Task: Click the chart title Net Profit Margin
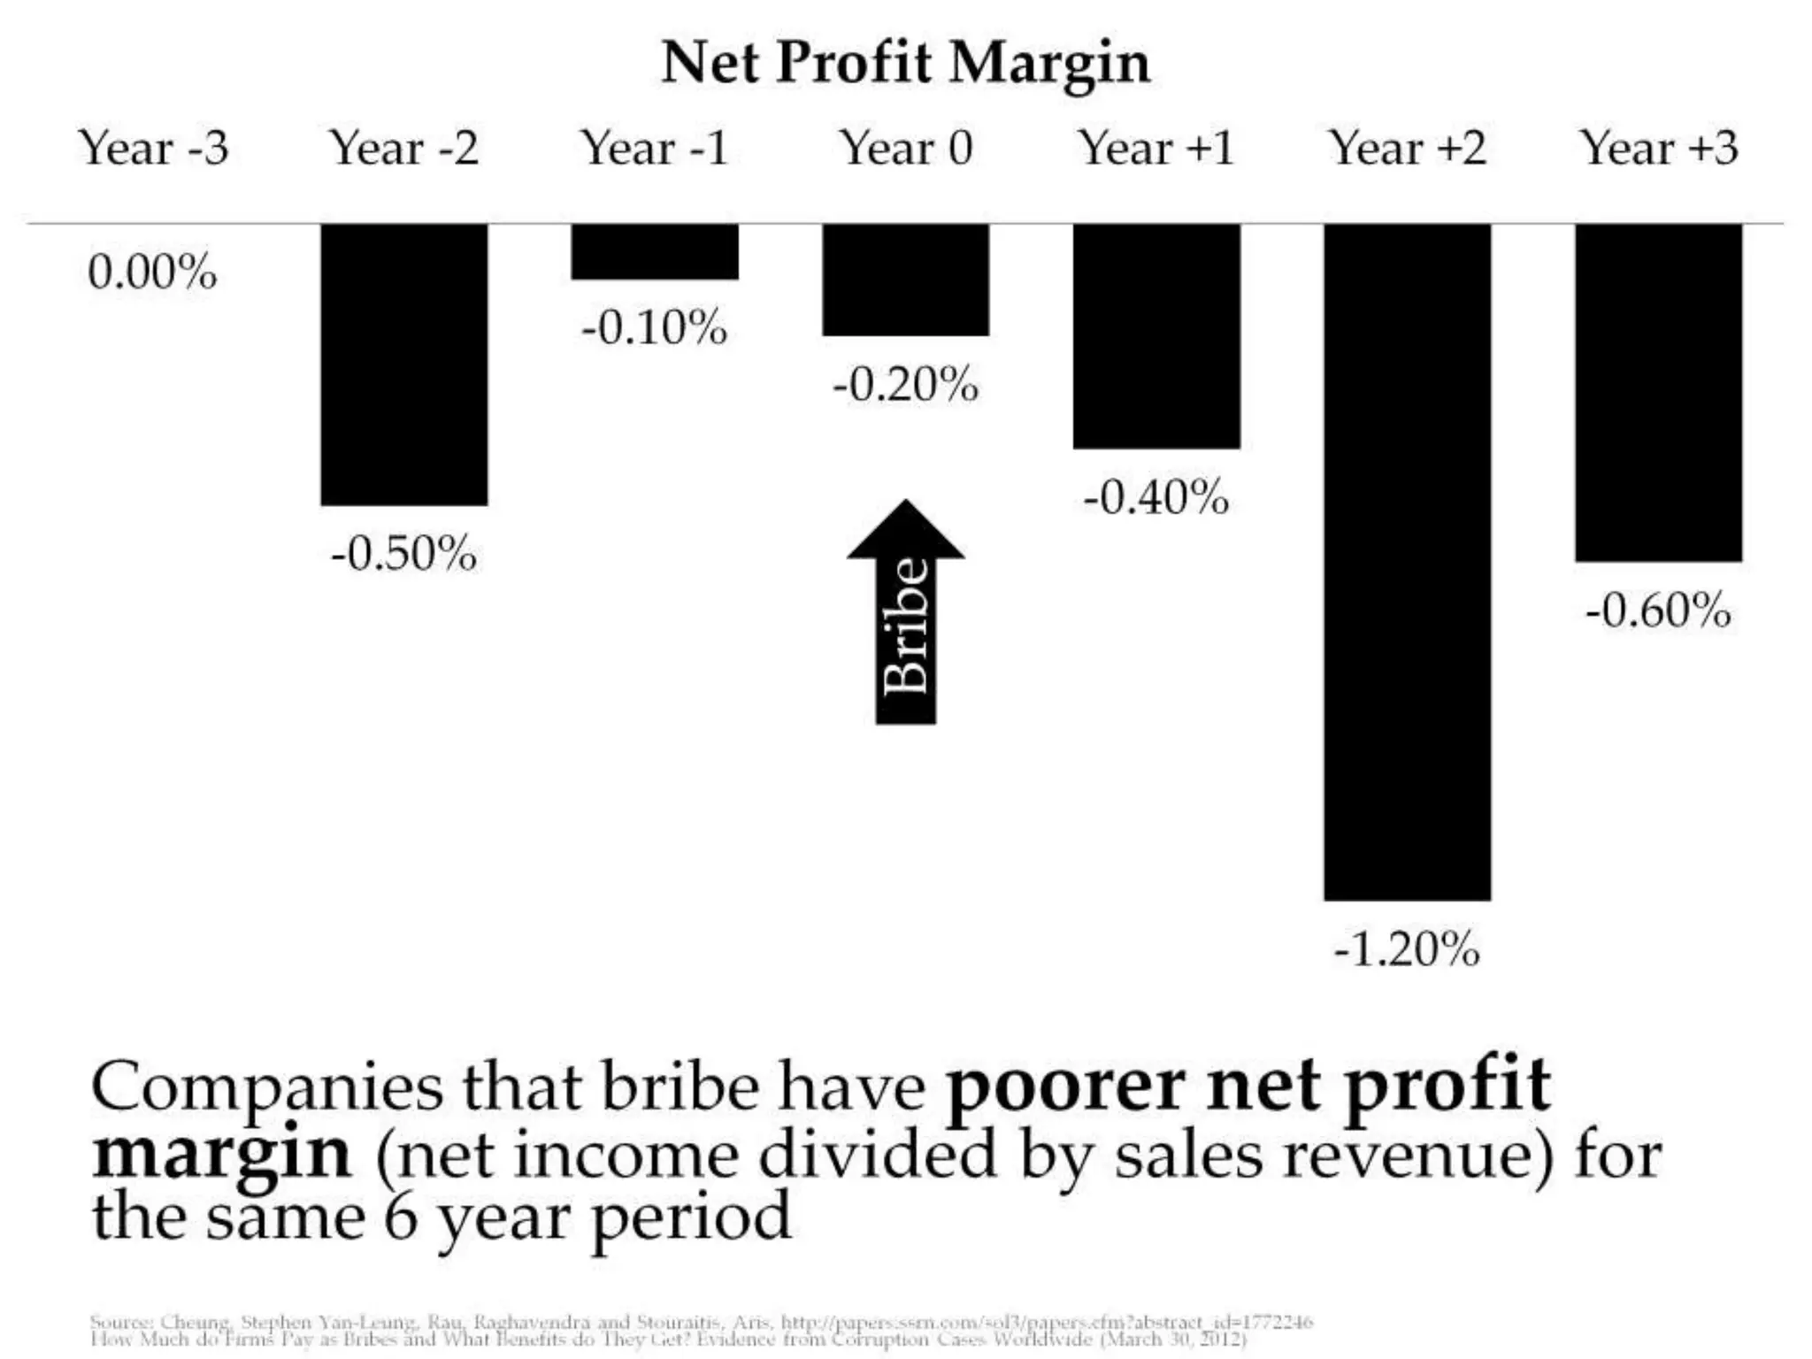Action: (x=905, y=64)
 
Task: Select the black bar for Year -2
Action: (x=403, y=364)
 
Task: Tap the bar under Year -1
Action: (x=654, y=251)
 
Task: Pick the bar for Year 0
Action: (x=905, y=279)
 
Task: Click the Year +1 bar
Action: (x=1156, y=335)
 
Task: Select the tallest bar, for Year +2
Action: (x=1407, y=561)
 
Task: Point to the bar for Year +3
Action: (x=1658, y=392)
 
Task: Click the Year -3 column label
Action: (x=154, y=148)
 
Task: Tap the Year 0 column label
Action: (x=906, y=148)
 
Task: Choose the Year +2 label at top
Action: (x=1408, y=148)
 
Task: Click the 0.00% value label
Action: (x=152, y=272)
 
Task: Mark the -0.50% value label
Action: (x=403, y=555)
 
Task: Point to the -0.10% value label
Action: (x=654, y=328)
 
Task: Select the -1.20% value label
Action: (x=1407, y=950)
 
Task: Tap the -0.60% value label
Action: (x=1658, y=610)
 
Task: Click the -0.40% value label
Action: (x=1156, y=497)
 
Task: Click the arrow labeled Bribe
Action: (x=905, y=619)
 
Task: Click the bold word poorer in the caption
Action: (x=1066, y=1086)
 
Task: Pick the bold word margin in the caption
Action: (x=221, y=1154)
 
